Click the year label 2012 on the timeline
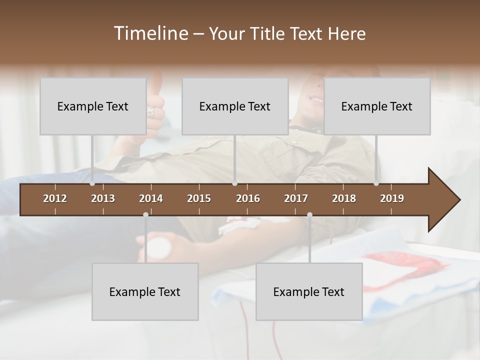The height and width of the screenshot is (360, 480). point(55,198)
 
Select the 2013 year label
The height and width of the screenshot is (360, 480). point(103,198)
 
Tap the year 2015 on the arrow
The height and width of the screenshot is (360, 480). point(199,198)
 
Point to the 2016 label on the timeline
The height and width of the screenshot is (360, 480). point(248,198)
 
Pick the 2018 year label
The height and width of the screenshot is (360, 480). point(344,198)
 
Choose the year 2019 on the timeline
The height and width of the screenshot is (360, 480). point(392,198)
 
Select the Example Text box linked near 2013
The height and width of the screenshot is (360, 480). point(93,106)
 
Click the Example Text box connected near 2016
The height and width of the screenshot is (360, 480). point(235,106)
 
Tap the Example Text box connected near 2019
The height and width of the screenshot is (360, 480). point(377,106)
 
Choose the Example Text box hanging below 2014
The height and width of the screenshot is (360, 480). point(145,291)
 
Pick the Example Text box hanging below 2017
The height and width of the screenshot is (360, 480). point(309,291)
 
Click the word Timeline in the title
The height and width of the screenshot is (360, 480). point(150,33)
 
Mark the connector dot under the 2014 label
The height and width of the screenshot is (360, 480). point(145,214)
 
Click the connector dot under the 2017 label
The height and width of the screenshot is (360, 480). point(309,214)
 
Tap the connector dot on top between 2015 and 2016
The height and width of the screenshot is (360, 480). point(235,183)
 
